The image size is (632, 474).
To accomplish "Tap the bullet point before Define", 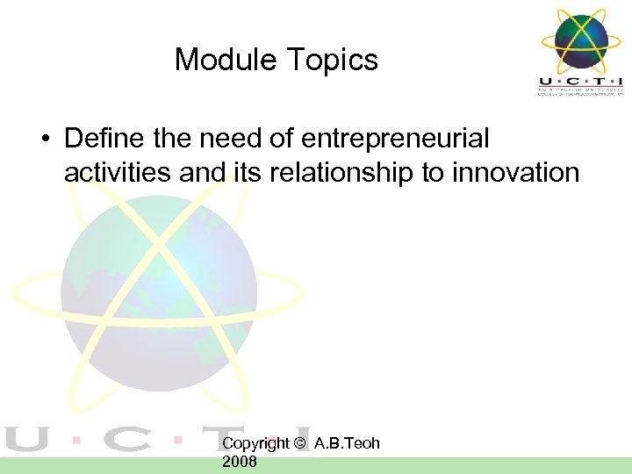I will pos(43,140).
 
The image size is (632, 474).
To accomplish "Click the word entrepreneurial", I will pos(395,139).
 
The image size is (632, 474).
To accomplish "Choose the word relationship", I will pos(340,172).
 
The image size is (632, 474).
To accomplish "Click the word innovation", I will pos(515,172).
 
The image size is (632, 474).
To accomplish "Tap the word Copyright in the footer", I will pos(255,443).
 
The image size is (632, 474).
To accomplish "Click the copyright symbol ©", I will pos(300,443).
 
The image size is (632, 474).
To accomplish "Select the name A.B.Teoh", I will pos(347,443).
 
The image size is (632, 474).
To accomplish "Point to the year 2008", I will pos(240,461).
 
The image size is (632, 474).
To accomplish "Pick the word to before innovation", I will pos(433,172).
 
